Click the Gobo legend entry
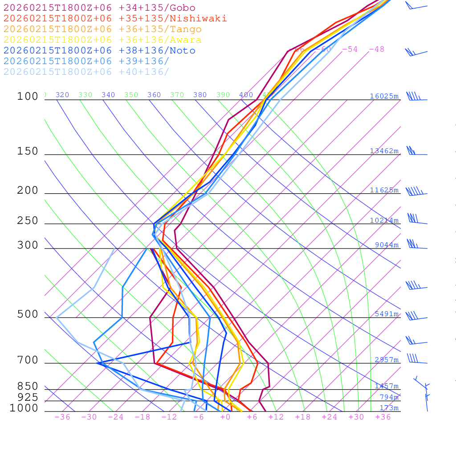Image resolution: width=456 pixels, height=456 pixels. (x=99, y=8)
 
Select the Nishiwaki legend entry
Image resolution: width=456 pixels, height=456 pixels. (x=115, y=19)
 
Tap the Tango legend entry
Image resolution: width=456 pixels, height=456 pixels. (x=102, y=29)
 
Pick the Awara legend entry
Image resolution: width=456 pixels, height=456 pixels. (x=102, y=40)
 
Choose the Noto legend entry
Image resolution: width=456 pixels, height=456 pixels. (x=99, y=51)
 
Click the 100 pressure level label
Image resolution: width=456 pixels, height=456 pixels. (x=28, y=96)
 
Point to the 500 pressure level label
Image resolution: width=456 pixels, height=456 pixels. (x=28, y=314)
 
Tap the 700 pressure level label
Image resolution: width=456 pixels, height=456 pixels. (x=28, y=360)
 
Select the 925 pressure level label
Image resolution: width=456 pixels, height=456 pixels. (x=28, y=397)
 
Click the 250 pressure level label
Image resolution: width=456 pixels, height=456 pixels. (x=28, y=221)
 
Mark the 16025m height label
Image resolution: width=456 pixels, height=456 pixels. (x=384, y=96)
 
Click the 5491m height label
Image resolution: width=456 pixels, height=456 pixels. (x=386, y=314)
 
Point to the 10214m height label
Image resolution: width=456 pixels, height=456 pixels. (x=384, y=220)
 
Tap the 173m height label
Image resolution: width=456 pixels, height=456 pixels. (x=389, y=408)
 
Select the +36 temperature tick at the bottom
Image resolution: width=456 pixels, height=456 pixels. (x=383, y=417)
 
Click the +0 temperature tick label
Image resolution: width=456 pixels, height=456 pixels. (x=225, y=417)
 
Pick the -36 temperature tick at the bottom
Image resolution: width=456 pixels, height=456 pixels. (x=62, y=417)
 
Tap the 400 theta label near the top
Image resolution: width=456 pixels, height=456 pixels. (x=246, y=95)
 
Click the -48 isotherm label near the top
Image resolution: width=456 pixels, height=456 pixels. (x=376, y=49)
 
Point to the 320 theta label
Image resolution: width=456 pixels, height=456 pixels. (x=62, y=95)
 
